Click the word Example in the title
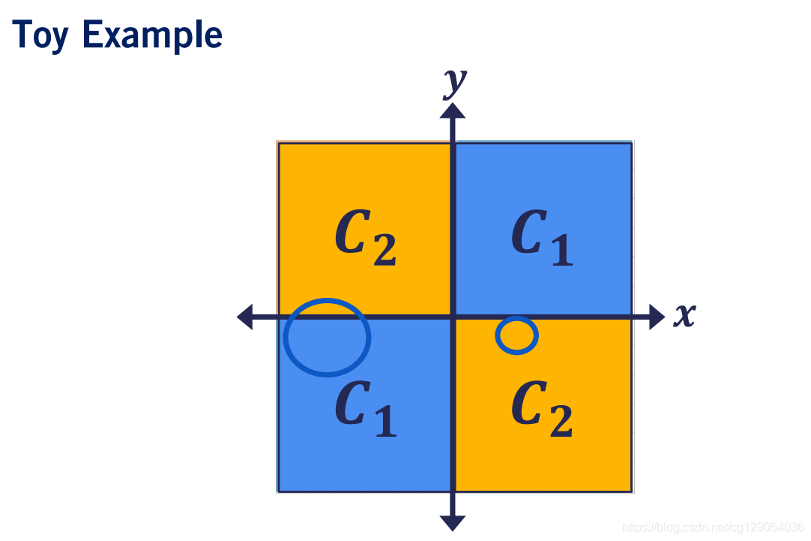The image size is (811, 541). (152, 36)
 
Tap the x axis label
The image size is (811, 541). (683, 316)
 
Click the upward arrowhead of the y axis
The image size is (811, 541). (453, 111)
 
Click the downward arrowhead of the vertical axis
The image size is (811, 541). (453, 523)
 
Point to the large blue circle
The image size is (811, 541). (328, 337)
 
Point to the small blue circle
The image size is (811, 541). (516, 335)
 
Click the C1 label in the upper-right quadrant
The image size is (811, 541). (542, 237)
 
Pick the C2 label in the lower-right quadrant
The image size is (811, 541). (542, 408)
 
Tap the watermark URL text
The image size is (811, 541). (713, 527)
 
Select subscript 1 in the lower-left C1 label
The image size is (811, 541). (384, 422)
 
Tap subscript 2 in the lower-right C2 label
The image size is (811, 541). (561, 422)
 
